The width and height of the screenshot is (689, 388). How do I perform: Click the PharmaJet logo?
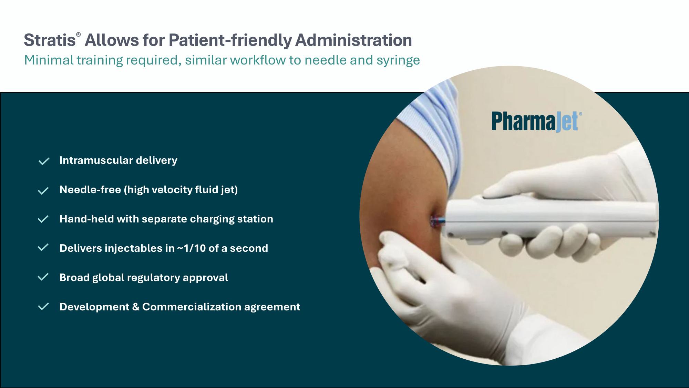[536, 121]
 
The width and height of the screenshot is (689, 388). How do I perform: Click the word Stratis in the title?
[50, 40]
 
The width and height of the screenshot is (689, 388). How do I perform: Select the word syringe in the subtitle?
[398, 61]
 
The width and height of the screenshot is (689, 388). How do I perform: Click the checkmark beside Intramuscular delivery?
[44, 161]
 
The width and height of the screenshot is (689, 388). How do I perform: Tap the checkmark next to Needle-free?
[43, 191]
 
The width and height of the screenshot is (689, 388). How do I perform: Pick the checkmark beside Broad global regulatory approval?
[43, 277]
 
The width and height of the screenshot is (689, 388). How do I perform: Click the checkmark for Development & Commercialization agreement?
[43, 306]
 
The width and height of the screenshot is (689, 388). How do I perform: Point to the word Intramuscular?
[96, 160]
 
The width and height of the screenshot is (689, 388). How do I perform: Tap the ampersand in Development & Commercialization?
[136, 307]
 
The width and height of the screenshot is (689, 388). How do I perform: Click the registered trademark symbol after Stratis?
[79, 34]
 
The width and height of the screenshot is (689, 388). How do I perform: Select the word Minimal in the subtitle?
[49, 60]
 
